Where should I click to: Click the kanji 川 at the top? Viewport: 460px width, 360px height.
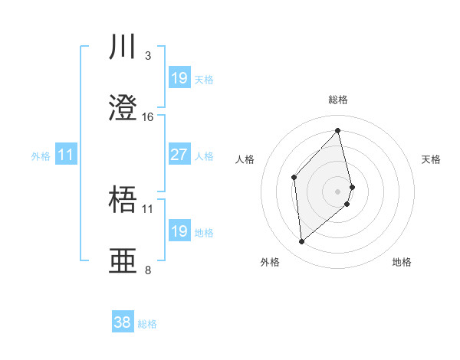[124, 47]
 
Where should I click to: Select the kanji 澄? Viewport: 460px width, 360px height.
[124, 109]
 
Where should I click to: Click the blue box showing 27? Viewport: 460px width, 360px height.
[179, 155]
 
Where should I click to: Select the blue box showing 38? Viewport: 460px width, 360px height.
[123, 322]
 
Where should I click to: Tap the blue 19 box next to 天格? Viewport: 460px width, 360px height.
[179, 78]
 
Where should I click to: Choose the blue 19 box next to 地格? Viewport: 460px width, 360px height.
[179, 231]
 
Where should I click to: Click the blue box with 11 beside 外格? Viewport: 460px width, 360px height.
[66, 155]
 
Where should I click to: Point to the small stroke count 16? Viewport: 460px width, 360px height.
[148, 117]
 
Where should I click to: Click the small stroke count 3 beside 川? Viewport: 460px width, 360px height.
[148, 56]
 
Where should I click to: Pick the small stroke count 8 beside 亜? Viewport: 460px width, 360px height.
[148, 270]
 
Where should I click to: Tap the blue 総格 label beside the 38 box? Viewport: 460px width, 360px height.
[147, 324]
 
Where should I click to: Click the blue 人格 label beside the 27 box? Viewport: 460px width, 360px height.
[204, 155]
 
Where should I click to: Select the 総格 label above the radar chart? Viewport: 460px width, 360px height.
[338, 100]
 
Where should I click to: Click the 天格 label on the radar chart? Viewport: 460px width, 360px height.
[432, 159]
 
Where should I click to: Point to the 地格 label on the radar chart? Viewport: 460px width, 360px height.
[402, 262]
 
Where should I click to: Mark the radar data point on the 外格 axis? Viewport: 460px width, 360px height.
[302, 242]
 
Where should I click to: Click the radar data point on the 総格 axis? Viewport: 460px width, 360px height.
[338, 131]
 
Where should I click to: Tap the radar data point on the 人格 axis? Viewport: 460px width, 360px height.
[294, 178]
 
